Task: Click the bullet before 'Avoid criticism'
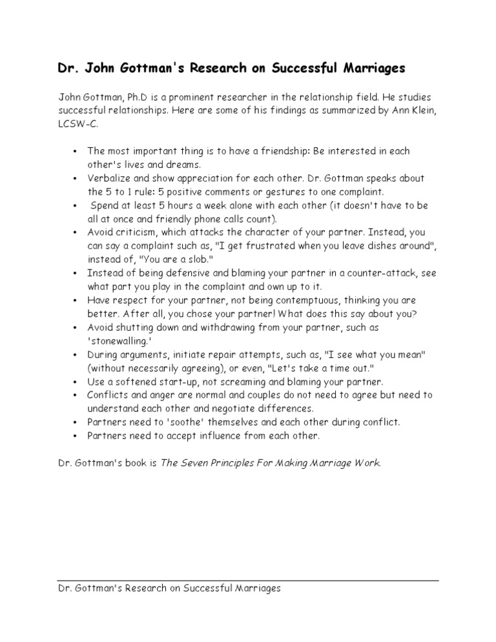pyautogui.click(x=76, y=233)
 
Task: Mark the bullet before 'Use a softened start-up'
pyautogui.click(x=76, y=382)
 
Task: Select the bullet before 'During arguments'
pyautogui.click(x=76, y=355)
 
